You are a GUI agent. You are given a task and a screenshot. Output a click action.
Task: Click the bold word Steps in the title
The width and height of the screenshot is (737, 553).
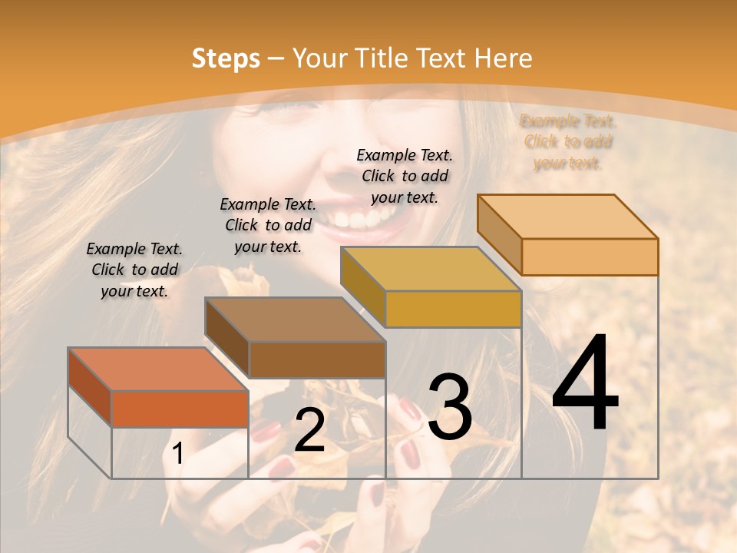pos(226,58)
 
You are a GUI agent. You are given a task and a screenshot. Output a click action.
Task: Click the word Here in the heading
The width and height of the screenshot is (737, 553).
pos(503,58)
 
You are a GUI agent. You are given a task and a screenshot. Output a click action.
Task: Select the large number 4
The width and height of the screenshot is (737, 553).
pos(585,384)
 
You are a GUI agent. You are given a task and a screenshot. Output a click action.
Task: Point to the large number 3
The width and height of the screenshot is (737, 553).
pos(450,407)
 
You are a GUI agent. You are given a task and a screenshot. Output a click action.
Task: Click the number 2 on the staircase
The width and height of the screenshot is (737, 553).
pos(309,431)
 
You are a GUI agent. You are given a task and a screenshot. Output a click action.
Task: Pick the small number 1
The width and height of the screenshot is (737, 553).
pos(177,454)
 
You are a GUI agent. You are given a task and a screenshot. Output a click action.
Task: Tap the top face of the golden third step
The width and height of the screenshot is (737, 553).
pos(431,269)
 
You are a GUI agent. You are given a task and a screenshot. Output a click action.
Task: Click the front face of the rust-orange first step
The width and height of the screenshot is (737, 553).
pos(180,409)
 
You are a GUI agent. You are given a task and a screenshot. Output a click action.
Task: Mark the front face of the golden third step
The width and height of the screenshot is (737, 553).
pos(453,309)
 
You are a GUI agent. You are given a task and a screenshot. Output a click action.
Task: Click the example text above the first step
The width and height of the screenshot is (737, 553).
pos(134,270)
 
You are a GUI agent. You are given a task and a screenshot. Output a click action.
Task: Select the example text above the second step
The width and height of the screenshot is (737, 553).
pos(268,225)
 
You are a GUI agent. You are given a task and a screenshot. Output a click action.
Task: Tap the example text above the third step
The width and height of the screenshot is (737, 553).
pos(405,176)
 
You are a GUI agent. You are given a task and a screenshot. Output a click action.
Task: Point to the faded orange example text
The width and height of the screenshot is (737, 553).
pos(568,141)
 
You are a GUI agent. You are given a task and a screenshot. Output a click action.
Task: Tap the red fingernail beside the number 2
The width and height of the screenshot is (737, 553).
pos(267,432)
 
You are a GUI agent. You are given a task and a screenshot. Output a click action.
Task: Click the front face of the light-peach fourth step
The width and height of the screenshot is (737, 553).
pos(590,257)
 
